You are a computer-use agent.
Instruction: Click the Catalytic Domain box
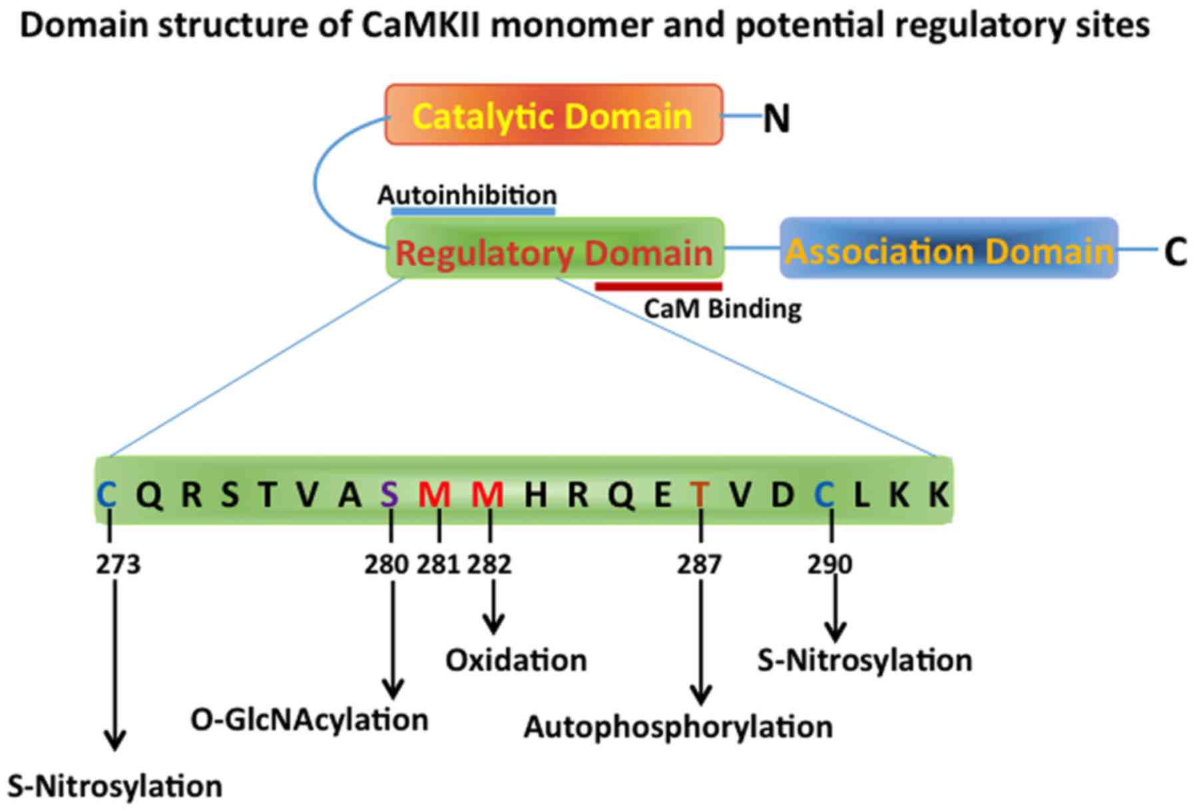coord(553,114)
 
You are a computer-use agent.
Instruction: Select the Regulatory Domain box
coord(555,248)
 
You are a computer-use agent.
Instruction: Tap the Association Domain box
coord(949,248)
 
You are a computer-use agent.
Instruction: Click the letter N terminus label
coord(776,119)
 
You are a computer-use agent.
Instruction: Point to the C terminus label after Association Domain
coord(1175,252)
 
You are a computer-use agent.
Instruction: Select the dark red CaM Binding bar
coord(658,287)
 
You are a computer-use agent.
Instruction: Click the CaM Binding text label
coord(722,309)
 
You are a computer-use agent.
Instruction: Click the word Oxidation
coord(516,661)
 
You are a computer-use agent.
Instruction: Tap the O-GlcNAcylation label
coord(309,720)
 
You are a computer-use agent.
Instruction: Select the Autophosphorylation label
coord(678,727)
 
